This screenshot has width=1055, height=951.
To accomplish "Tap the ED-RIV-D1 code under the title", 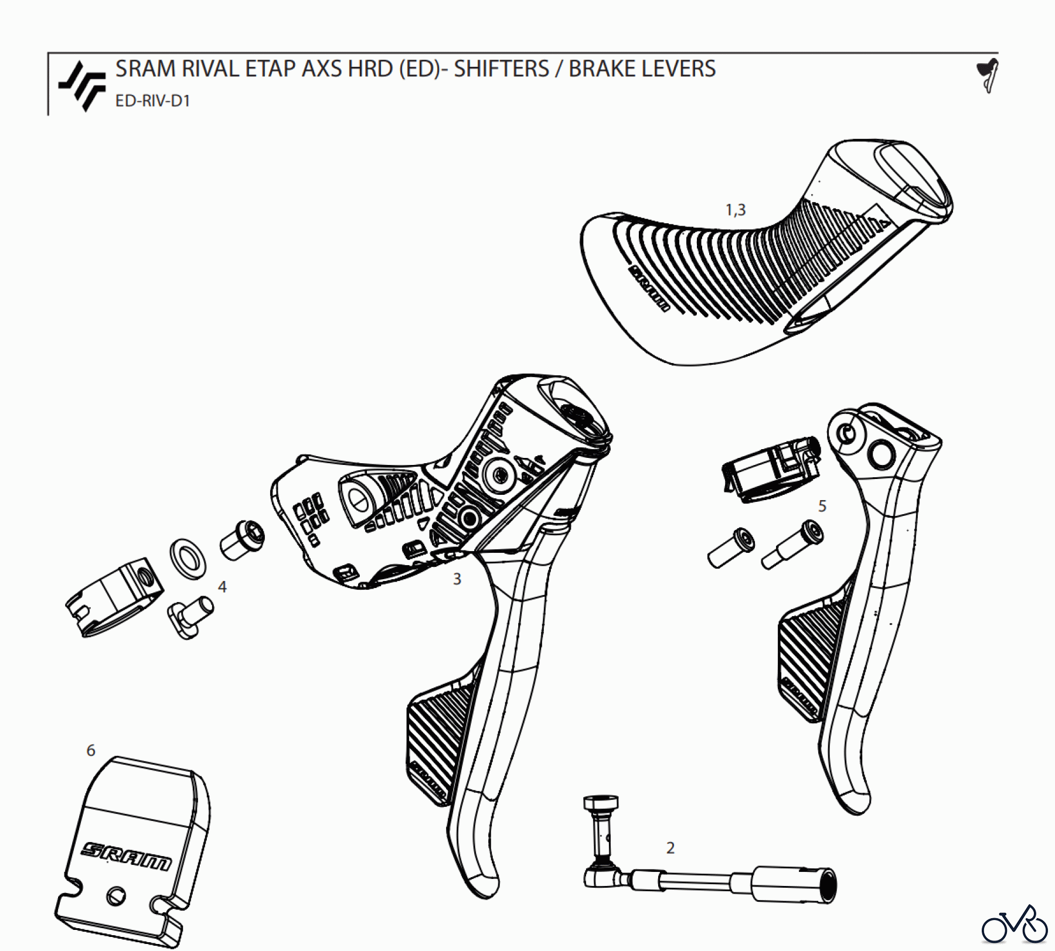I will click(x=152, y=101).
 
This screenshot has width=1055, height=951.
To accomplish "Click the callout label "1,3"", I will click(x=736, y=210).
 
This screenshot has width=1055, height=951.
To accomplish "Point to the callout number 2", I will click(x=671, y=848).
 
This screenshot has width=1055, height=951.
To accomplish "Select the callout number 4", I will click(x=222, y=587).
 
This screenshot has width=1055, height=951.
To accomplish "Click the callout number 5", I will click(x=822, y=506).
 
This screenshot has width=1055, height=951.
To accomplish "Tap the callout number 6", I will click(x=91, y=751).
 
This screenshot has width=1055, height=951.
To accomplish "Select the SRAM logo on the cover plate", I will click(x=127, y=857).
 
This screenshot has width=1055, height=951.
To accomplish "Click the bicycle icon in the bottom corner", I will click(x=1015, y=925).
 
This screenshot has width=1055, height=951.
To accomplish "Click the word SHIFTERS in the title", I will click(x=501, y=69).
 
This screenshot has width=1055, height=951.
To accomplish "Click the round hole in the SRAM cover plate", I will click(x=115, y=896).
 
